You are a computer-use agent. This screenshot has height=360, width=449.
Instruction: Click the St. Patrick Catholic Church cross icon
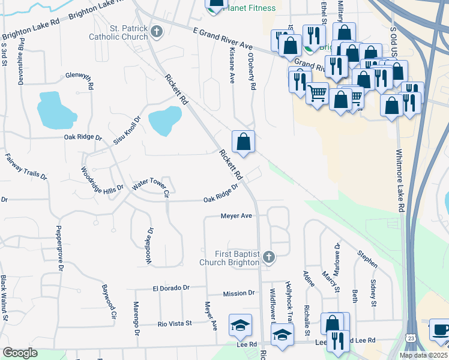coord(157,31)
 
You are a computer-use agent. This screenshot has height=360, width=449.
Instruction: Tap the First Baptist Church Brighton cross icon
coord(269,258)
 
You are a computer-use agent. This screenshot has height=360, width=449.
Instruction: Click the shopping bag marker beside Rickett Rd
coord(243,142)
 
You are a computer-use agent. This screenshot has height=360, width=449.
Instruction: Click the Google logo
coord(20,353)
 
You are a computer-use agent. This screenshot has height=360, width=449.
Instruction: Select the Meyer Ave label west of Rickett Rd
coord(236,215)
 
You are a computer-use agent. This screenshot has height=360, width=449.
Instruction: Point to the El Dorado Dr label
coord(170,288)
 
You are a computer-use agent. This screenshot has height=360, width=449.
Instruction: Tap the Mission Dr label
coord(238,293)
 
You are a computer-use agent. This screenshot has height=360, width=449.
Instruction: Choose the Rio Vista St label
coord(174,323)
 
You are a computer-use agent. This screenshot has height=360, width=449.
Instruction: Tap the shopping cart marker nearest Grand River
coord(317,93)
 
